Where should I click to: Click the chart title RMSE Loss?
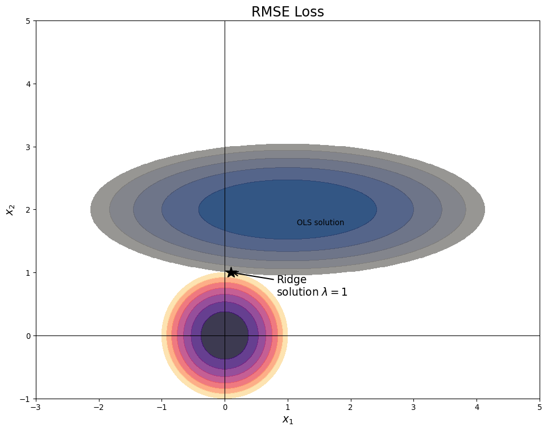click(x=287, y=12)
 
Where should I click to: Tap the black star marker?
click(x=231, y=272)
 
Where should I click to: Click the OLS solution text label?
click(x=320, y=223)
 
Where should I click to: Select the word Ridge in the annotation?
click(x=292, y=280)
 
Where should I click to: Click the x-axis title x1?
click(x=288, y=420)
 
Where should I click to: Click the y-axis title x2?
click(x=10, y=210)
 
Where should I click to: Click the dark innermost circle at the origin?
click(x=225, y=335)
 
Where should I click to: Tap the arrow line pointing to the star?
click(x=256, y=277)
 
